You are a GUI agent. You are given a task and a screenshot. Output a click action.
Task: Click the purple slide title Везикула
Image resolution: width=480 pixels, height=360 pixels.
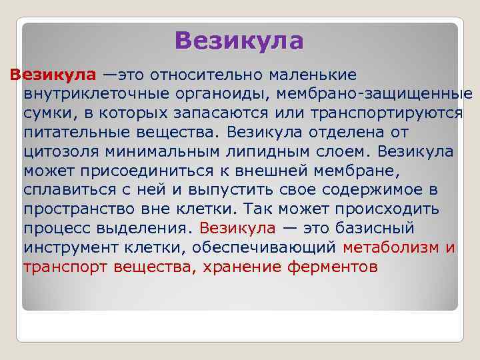tap(239, 41)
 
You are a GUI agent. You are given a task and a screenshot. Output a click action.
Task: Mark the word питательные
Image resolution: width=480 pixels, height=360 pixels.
tap(73, 131)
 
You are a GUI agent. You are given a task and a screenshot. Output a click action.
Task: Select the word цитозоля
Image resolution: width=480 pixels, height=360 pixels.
tap(59, 151)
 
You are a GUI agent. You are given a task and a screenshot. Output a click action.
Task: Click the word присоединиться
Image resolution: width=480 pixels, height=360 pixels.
tap(135, 170)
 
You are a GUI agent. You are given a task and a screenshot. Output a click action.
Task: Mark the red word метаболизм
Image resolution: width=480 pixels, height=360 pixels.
tap(391, 248)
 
